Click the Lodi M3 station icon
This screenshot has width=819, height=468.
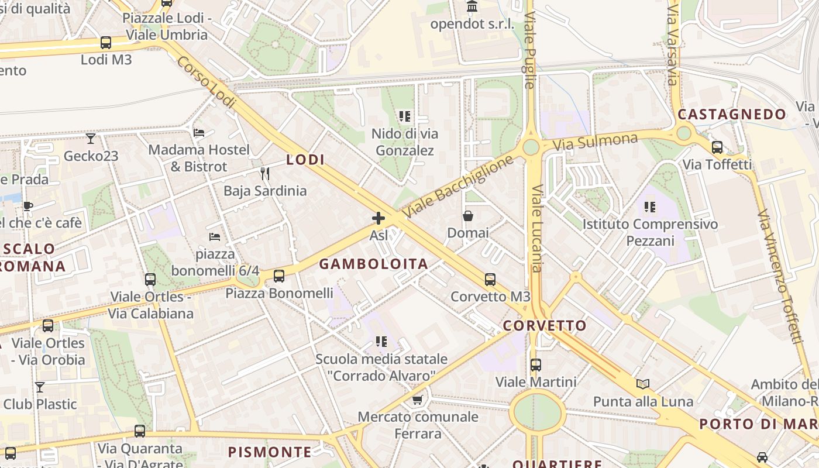click(x=106, y=43)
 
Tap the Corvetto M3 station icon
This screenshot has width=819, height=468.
click(x=490, y=280)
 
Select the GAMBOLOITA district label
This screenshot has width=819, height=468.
click(x=373, y=264)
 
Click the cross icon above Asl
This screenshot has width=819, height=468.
click(x=378, y=219)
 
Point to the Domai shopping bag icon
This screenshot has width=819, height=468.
click(x=468, y=216)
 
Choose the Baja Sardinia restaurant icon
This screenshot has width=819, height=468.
click(x=265, y=174)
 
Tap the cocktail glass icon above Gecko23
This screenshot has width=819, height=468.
click(x=91, y=139)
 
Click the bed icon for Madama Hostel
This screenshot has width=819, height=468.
click(x=199, y=133)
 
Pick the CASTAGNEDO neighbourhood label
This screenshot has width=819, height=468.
click(x=732, y=115)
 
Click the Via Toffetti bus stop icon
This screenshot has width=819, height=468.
click(x=717, y=147)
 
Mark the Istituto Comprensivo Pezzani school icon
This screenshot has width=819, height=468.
click(x=650, y=207)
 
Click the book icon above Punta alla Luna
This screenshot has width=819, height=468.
click(x=643, y=384)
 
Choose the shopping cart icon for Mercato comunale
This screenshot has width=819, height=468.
click(x=418, y=400)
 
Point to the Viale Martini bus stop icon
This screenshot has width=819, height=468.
click(x=536, y=365)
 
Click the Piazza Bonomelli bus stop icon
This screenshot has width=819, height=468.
click(x=279, y=276)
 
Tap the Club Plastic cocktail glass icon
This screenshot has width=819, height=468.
click(x=40, y=387)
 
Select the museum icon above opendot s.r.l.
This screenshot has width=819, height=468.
click(x=472, y=7)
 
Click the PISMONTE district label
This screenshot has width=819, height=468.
click(x=270, y=452)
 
